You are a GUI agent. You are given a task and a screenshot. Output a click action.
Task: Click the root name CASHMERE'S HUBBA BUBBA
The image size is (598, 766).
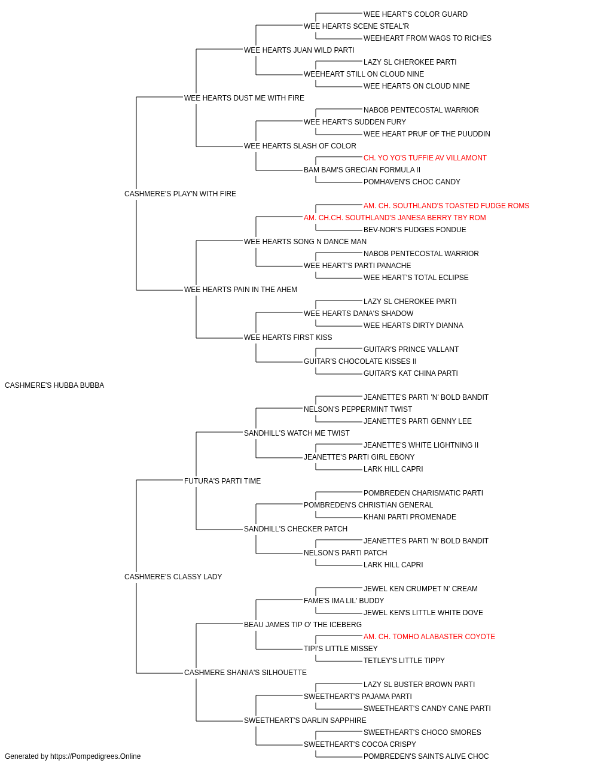(54, 385)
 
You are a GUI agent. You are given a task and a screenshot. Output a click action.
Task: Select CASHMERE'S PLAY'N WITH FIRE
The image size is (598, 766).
(180, 194)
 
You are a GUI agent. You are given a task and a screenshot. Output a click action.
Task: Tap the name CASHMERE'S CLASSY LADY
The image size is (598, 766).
(173, 577)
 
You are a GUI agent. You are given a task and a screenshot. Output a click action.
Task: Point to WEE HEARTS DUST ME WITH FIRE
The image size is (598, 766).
(244, 98)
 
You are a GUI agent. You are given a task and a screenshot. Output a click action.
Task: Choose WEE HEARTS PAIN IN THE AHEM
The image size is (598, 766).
(240, 290)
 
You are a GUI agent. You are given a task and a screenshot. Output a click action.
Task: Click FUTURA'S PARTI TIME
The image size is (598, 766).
(222, 481)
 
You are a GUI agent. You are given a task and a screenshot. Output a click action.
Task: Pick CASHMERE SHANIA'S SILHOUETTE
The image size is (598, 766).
(245, 673)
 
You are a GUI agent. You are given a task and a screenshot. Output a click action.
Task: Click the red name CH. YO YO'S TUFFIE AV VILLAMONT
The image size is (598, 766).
(425, 158)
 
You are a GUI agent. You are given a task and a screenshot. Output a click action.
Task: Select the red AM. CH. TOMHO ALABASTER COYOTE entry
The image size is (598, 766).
(429, 637)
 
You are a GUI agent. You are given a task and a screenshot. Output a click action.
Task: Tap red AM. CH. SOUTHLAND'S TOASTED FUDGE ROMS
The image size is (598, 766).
(446, 206)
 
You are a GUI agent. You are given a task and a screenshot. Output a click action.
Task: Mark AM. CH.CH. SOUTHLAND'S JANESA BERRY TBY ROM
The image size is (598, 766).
(395, 218)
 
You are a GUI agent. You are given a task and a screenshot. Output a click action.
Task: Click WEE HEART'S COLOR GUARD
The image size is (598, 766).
(415, 14)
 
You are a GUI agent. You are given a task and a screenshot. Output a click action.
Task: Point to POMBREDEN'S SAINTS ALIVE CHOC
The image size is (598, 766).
(426, 756)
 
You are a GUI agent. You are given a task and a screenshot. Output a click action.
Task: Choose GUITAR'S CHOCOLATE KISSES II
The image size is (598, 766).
(360, 361)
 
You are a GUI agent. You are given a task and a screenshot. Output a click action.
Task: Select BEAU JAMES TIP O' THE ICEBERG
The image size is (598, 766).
(303, 625)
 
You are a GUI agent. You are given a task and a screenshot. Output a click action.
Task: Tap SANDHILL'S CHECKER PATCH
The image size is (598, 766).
(295, 529)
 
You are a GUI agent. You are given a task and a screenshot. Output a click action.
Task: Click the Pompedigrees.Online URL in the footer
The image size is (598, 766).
(95, 756)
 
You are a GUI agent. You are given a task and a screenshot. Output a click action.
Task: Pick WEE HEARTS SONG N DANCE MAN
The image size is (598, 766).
(305, 242)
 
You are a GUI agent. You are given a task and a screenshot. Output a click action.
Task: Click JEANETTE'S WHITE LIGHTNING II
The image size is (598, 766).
(421, 445)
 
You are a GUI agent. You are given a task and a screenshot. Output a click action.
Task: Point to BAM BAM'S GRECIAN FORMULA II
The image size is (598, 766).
(362, 170)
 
